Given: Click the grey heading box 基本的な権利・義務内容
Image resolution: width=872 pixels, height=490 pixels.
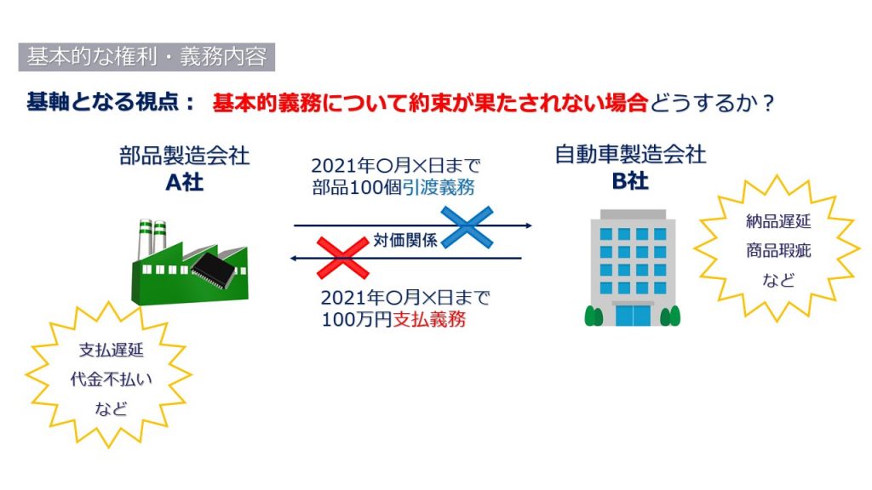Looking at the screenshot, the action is tap(146, 57).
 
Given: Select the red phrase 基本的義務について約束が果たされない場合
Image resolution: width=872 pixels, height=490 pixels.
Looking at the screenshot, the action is tap(430, 103).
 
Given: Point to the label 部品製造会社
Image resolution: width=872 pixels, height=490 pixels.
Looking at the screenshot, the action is tap(184, 156).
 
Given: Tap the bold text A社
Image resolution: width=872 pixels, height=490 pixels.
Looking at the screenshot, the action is tap(184, 182).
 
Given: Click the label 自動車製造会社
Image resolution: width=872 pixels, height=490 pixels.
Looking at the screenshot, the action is tap(631, 155).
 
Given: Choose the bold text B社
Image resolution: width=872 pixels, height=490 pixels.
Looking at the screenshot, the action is tap(631, 181).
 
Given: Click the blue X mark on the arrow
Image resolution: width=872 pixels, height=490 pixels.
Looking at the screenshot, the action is tap(468, 226).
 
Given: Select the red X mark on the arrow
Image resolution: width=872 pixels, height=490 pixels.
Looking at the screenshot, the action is tap(342, 258).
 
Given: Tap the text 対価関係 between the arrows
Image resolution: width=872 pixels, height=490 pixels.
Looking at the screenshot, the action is tap(405, 241).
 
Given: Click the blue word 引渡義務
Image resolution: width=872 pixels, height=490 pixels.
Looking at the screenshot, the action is tap(439, 187).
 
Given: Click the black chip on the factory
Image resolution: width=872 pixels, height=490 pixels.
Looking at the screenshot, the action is tap(215, 270).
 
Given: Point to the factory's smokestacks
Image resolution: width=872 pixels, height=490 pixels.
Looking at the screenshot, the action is tap(152, 238).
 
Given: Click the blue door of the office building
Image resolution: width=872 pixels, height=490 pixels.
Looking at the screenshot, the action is tap(633, 316).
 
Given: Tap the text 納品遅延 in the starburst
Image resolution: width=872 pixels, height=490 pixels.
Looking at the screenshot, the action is tap(778, 222).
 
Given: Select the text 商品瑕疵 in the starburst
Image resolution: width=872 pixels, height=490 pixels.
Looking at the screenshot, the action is tap(778, 251).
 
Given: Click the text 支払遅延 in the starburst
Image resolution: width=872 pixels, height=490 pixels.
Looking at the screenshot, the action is tap(112, 350).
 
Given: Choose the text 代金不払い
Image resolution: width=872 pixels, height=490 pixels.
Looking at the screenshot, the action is tap(112, 379).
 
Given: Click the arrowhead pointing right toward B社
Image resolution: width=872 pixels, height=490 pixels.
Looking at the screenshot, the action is tap(528, 225).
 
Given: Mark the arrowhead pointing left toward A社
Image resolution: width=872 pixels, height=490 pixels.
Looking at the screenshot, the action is tap(295, 259).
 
